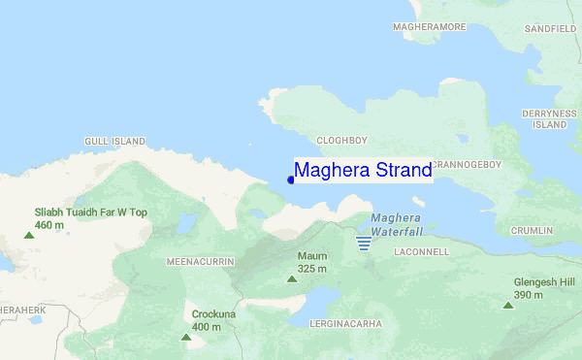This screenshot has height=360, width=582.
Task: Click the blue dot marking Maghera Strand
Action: point(291,180)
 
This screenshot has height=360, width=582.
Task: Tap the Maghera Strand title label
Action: point(363,171)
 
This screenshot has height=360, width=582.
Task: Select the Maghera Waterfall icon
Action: point(364,242)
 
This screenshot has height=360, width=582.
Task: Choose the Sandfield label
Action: point(551,30)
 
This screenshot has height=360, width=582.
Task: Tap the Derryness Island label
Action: point(550,119)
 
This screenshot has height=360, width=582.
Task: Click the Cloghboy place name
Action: point(343,139)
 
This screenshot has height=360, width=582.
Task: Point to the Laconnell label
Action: point(422,251)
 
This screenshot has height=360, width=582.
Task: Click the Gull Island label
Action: point(114,142)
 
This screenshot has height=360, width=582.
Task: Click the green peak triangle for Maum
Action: point(291,279)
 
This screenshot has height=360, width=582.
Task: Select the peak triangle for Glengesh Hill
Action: point(507,306)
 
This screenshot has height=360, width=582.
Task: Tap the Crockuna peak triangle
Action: point(185,338)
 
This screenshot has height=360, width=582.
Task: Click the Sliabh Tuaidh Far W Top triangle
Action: point(29,234)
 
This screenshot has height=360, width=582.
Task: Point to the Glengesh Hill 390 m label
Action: point(541,288)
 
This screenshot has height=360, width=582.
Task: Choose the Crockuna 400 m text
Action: point(213,320)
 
